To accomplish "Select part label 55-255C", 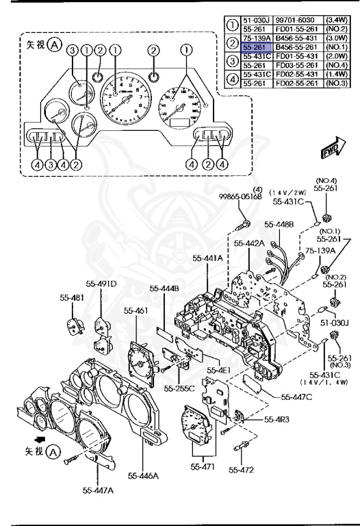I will point(179,388).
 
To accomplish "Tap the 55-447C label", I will point(296,396).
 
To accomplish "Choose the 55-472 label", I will point(241,470).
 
